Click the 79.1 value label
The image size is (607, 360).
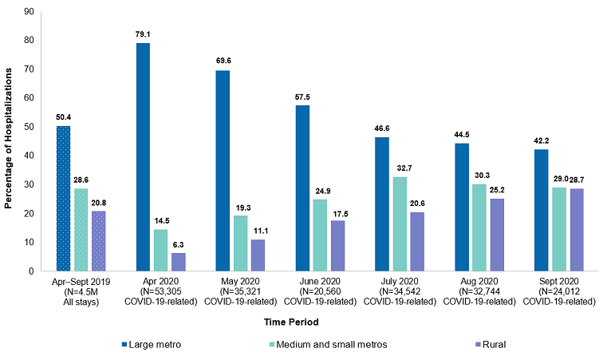[x=143, y=34]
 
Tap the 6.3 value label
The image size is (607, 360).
[x=178, y=244]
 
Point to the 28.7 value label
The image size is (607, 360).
[x=566, y=180]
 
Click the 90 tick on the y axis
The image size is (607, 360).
[x=29, y=11]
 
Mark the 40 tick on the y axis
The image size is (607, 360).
[x=29, y=156]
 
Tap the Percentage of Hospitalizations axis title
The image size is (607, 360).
[x=9, y=140]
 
